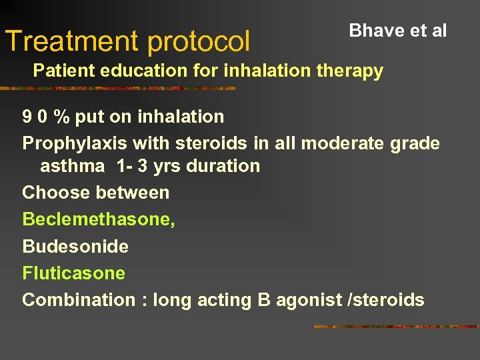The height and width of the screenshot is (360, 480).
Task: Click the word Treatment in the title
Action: (73, 41)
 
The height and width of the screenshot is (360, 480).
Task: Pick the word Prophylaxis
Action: (75, 143)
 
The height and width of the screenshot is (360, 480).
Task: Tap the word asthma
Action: (73, 165)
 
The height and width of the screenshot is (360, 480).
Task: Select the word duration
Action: (225, 165)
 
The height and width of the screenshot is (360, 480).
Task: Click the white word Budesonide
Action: (75, 246)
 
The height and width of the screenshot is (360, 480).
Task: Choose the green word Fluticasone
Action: (73, 273)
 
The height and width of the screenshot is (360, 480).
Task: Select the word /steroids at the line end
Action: (386, 300)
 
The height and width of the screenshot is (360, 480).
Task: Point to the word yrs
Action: (167, 165)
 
